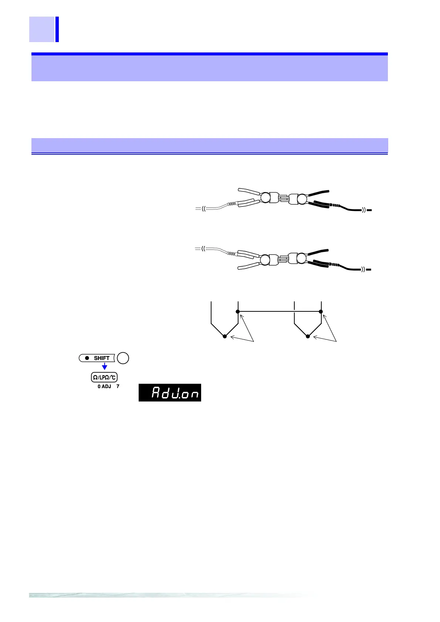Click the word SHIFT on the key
pyautogui.click(x=102, y=358)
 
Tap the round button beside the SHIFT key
pyautogui.click(x=123, y=358)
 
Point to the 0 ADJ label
pyautogui.click(x=104, y=386)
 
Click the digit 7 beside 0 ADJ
pyautogui.click(x=118, y=386)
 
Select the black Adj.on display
pyautogui.click(x=170, y=393)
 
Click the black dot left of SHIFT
pyautogui.click(x=87, y=358)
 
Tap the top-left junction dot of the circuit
pyautogui.click(x=238, y=312)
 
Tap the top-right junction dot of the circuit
pyautogui.click(x=321, y=312)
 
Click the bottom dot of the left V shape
pyautogui.click(x=225, y=336)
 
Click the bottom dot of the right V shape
pyautogui.click(x=308, y=336)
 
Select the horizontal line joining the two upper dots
pyautogui.click(x=279, y=312)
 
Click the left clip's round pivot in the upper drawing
pyautogui.click(x=265, y=198)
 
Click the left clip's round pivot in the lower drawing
pyautogui.click(x=265, y=260)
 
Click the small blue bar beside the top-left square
pyautogui.click(x=57, y=29)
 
